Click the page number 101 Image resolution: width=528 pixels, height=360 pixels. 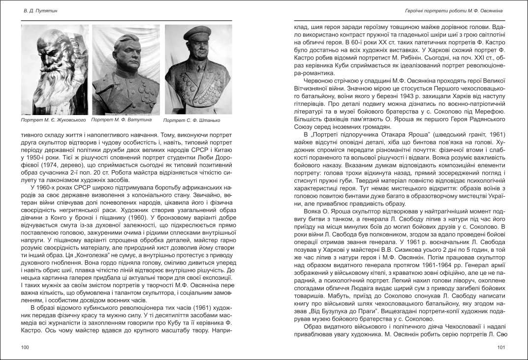point(501,348)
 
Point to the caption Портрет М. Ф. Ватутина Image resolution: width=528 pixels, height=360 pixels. point(122,120)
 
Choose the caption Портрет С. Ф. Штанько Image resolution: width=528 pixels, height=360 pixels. point(192,120)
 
